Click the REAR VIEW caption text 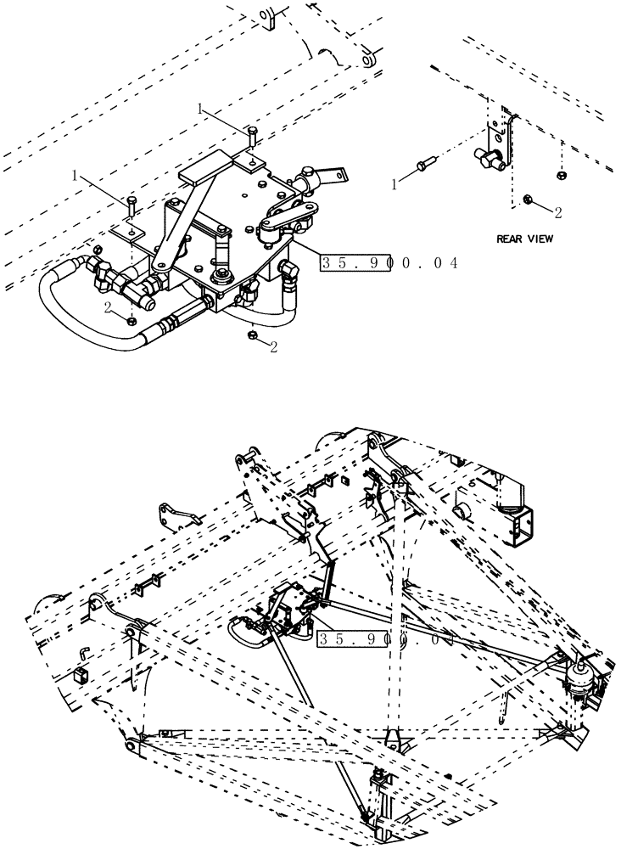pyautogui.click(x=524, y=239)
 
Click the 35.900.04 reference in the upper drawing pyautogui.click(x=389, y=263)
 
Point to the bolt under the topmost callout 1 pyautogui.click(x=252, y=135)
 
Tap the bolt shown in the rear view pyautogui.click(x=425, y=166)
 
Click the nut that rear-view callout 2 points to pyautogui.click(x=529, y=199)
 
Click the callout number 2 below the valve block pyautogui.click(x=274, y=347)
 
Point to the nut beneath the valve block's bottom pyautogui.click(x=252, y=335)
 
